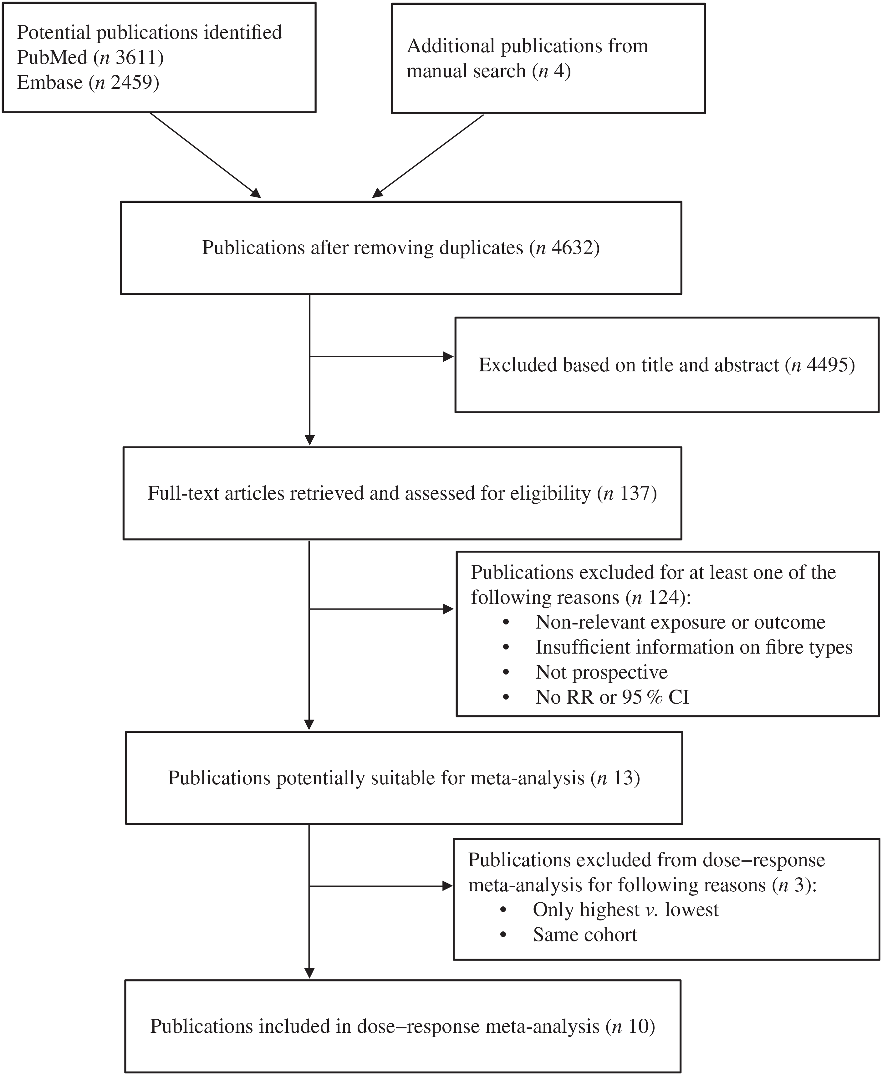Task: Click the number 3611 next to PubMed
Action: point(136,57)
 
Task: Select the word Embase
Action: point(50,82)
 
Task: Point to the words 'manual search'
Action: point(466,71)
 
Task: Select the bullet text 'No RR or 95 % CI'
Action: point(612,697)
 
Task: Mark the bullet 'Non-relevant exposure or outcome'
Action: point(680,622)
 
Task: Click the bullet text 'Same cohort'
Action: point(585,935)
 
